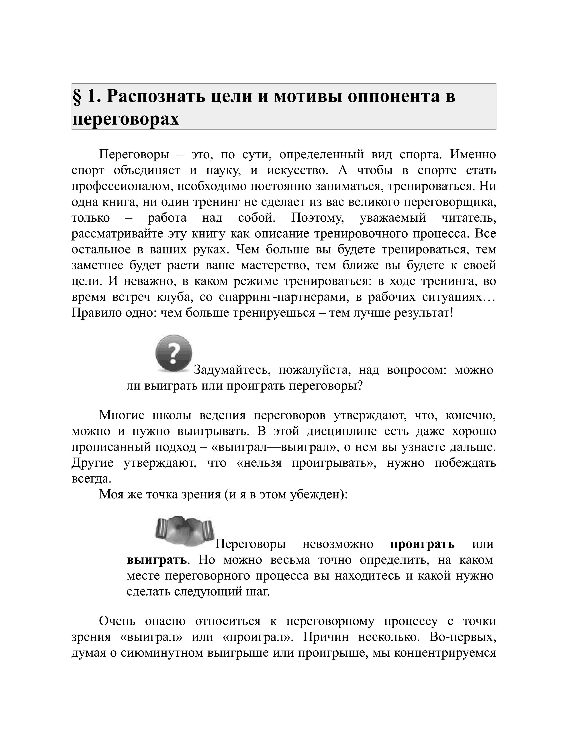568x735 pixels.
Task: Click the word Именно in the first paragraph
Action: point(473,155)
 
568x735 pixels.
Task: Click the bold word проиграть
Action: point(422,544)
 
